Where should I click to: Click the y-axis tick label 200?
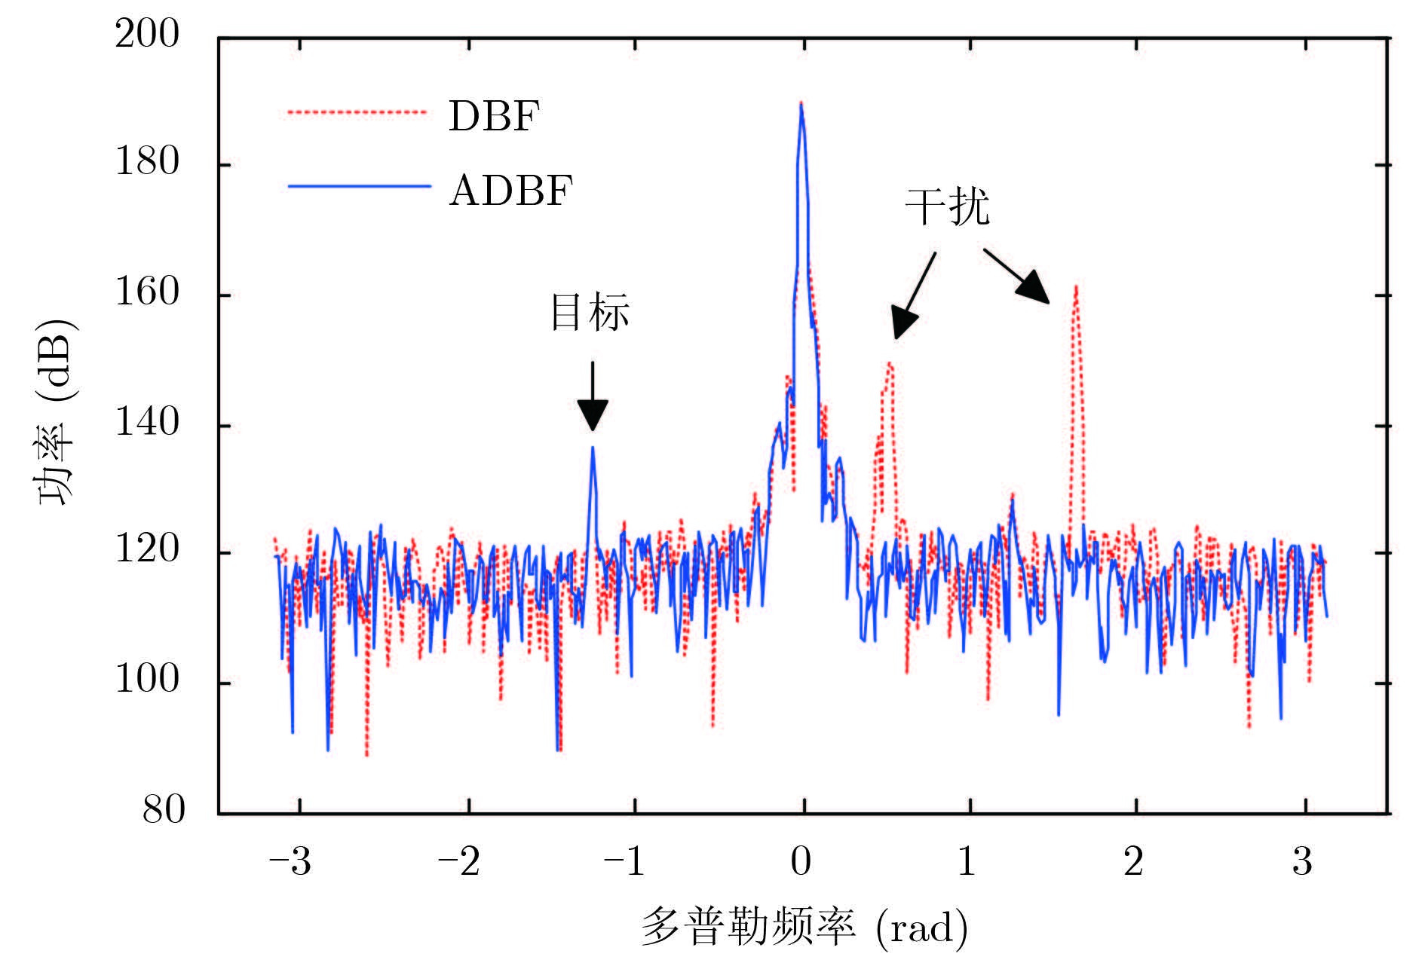click(x=147, y=35)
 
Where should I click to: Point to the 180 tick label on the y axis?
click(x=147, y=163)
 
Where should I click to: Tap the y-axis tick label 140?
click(x=147, y=423)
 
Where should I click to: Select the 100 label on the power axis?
click(x=147, y=681)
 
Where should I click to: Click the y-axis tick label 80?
click(x=163, y=811)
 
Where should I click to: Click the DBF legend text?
click(x=495, y=117)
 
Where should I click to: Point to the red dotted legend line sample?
click(x=358, y=113)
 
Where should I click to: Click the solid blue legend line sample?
click(x=358, y=186)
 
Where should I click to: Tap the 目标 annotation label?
click(x=590, y=313)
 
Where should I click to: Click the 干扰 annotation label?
click(x=947, y=206)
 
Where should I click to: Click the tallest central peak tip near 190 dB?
click(x=801, y=103)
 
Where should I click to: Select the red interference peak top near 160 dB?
click(x=1076, y=287)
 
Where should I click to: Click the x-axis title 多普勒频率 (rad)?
click(x=804, y=928)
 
